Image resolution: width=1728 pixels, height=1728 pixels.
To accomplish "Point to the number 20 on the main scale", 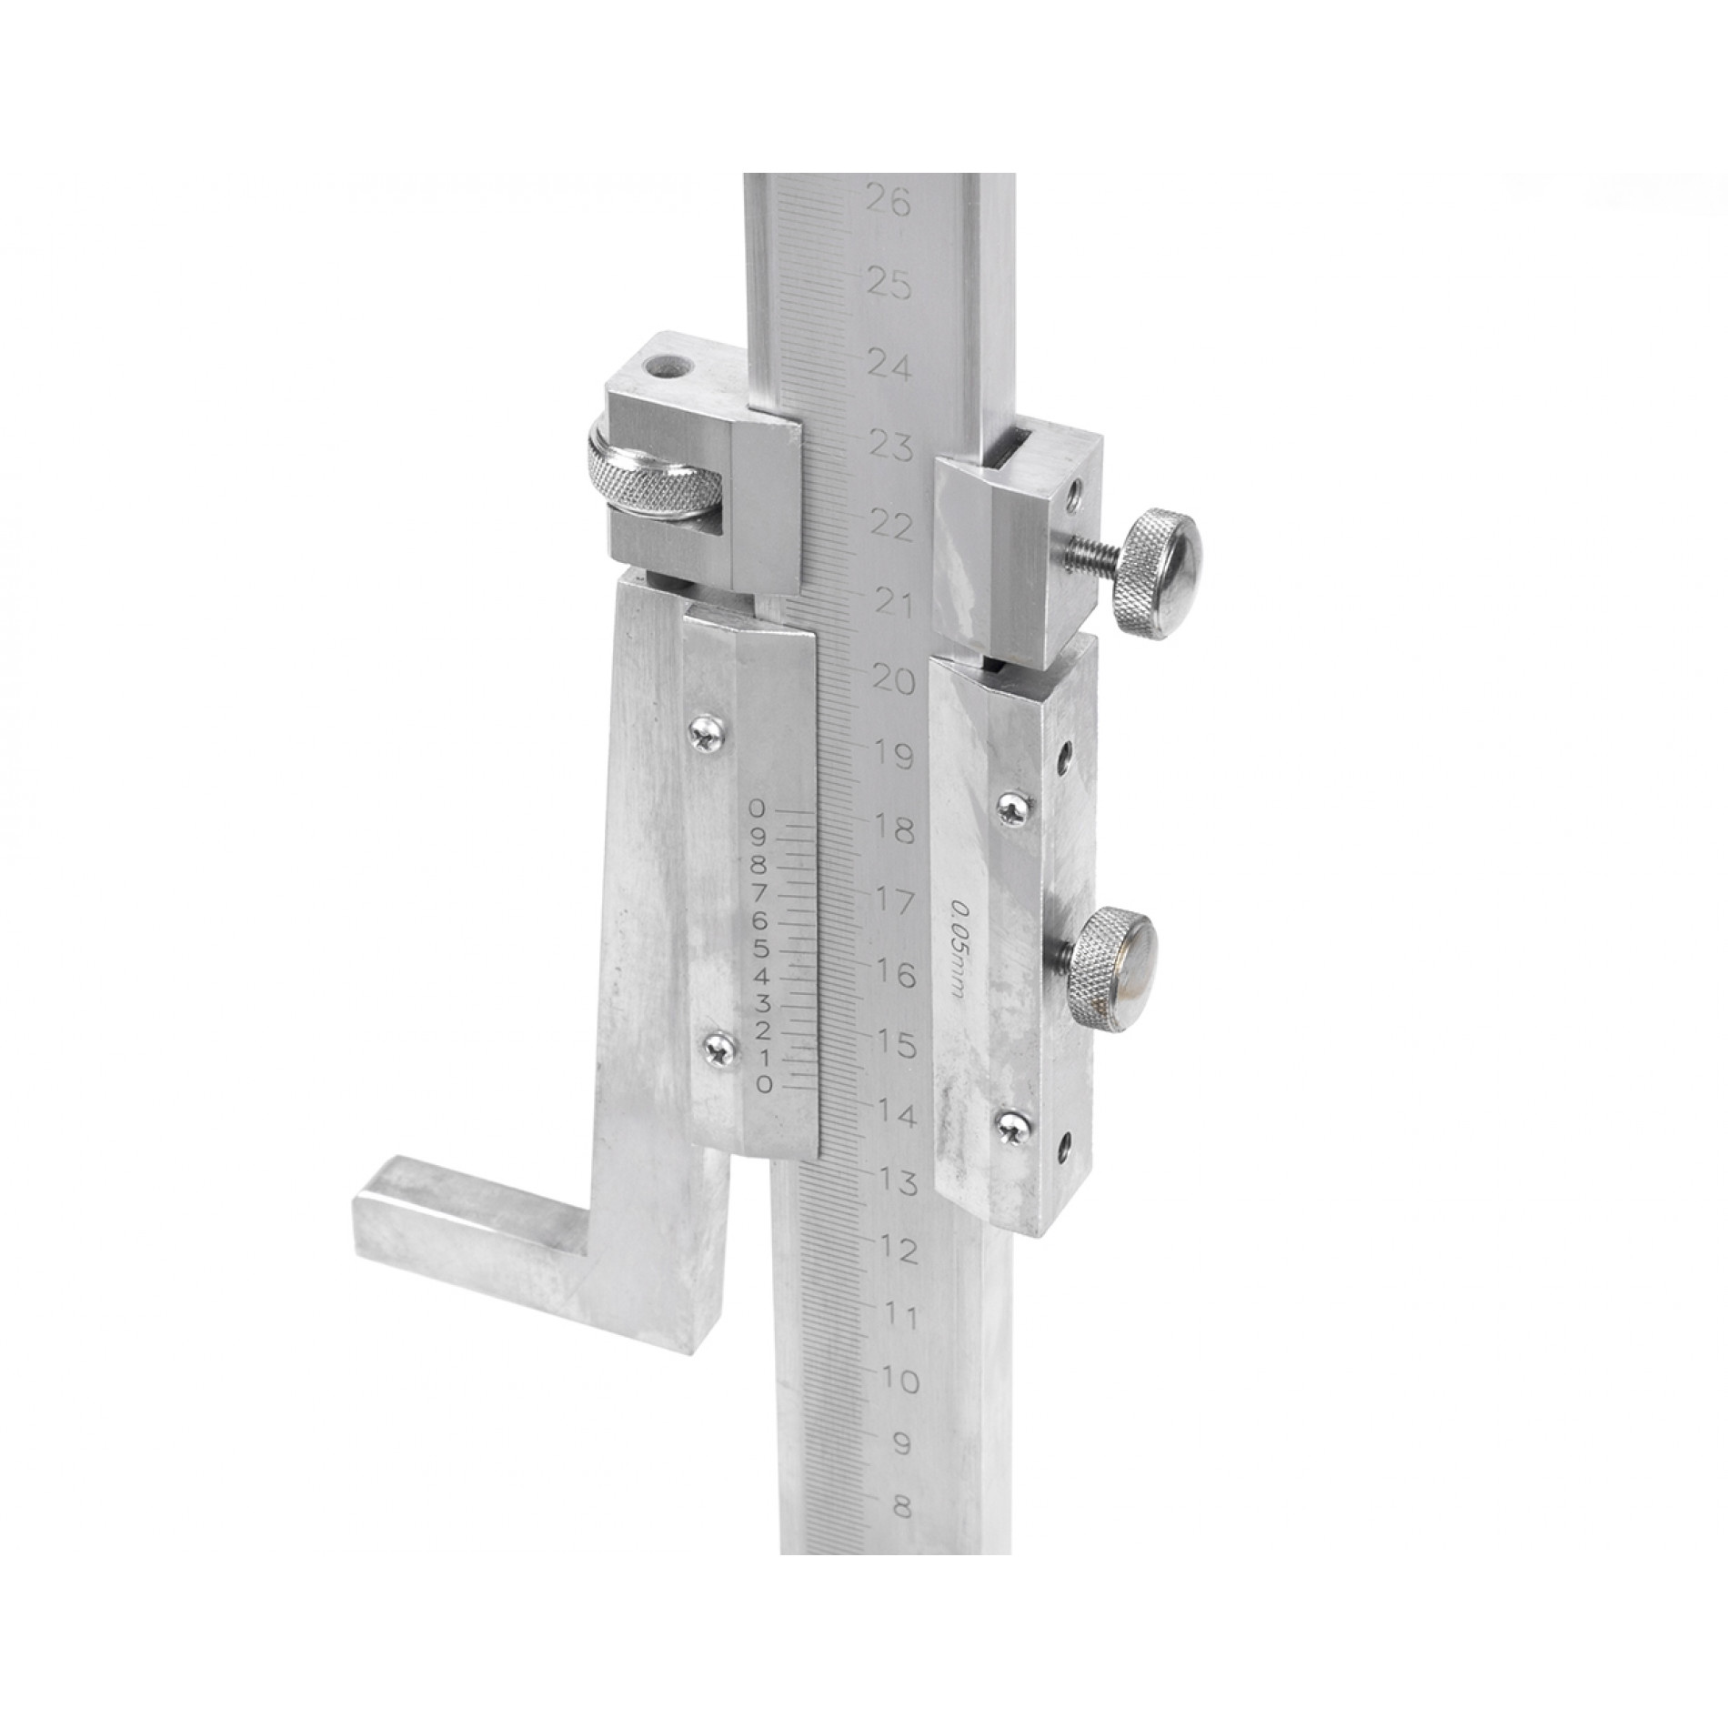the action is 891,679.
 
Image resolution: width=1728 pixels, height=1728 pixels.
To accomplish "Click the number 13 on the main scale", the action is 898,1181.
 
